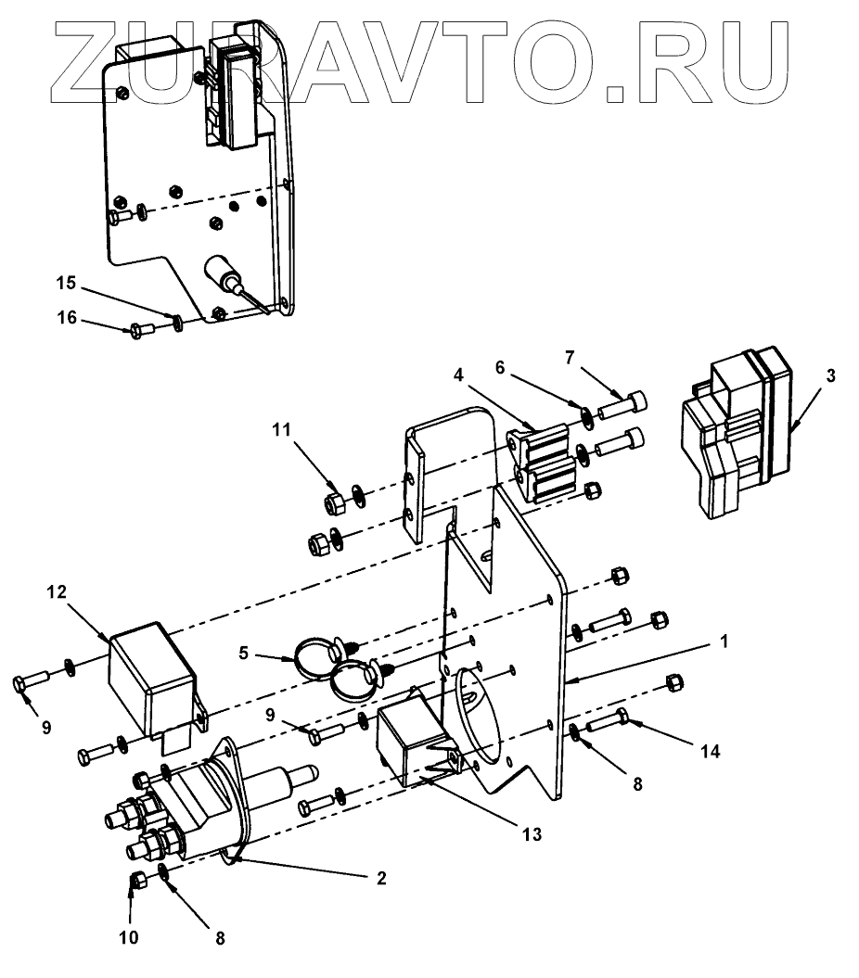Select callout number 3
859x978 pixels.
tap(831, 375)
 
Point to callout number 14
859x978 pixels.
tap(709, 752)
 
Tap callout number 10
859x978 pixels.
tap(128, 937)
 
